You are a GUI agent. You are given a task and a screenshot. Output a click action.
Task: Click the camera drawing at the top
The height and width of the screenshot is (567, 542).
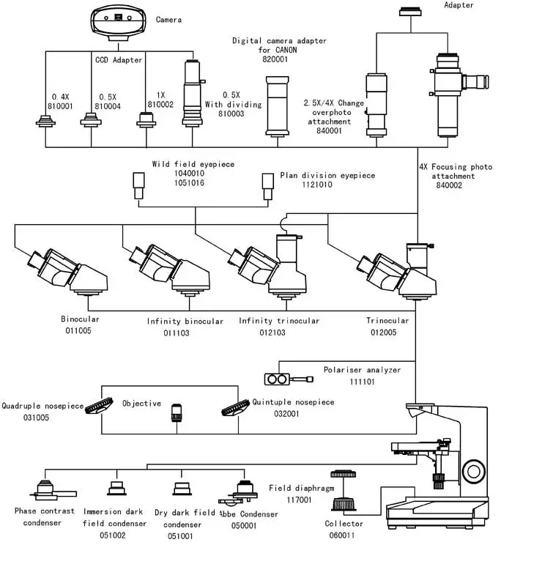pos(119,22)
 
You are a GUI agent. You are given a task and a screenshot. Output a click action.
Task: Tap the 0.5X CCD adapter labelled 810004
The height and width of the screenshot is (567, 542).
pos(90,119)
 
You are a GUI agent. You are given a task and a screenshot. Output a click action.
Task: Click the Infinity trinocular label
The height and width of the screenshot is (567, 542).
pos(278,321)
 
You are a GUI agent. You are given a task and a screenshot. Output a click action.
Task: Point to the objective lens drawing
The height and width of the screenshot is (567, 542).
pos(177,412)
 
